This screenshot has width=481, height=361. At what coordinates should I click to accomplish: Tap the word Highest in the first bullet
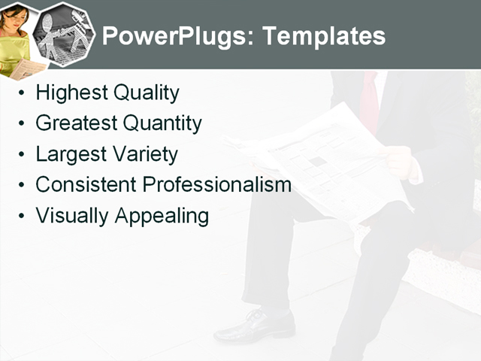tap(71, 93)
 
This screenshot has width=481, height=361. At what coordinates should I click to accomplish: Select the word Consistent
tap(86, 184)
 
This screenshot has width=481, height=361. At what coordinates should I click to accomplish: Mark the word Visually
tap(72, 216)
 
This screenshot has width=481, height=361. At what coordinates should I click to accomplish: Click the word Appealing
tap(162, 216)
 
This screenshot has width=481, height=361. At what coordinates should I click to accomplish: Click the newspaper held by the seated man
tap(331, 162)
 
